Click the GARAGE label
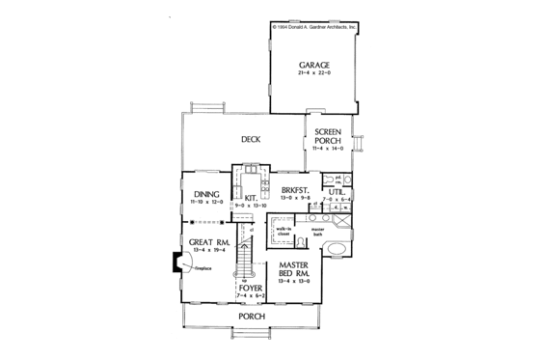click(313, 65)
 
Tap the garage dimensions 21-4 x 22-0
click(313, 74)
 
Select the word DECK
click(251, 139)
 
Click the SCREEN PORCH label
click(329, 136)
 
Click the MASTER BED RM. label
click(294, 269)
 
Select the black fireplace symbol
click(175, 262)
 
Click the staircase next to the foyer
click(245, 255)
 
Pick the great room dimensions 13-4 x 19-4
click(207, 249)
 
